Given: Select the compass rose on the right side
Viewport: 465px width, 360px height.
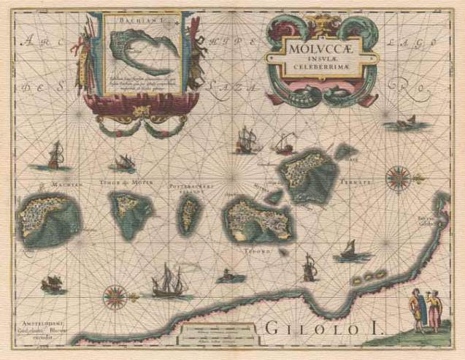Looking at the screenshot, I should (398, 176).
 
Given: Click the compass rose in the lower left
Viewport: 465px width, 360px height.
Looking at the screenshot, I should (115, 296).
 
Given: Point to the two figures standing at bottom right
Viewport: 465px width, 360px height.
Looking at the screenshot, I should (423, 311).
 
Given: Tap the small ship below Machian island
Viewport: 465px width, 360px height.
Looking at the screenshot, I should (53, 285).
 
